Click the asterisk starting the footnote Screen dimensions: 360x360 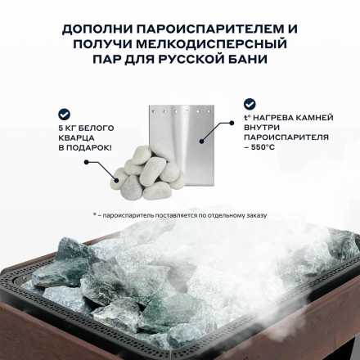pyautogui.click(x=95, y=215)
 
